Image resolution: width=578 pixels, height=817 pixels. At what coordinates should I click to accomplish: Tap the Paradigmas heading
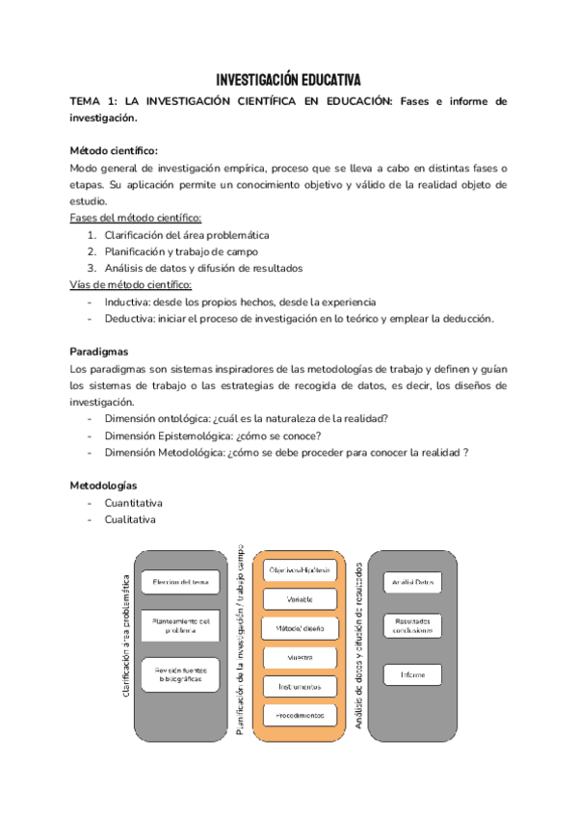100,352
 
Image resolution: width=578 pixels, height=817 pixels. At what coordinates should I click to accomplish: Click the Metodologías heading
104,486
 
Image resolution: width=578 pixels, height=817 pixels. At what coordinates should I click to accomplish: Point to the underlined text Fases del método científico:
136,219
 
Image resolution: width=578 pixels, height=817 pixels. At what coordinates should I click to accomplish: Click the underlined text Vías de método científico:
131,285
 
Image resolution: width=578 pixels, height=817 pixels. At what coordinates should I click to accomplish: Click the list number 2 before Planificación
91,251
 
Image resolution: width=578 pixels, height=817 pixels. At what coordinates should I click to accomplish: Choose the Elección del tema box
180,583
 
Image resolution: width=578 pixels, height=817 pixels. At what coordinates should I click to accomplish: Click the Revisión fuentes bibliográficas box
180,673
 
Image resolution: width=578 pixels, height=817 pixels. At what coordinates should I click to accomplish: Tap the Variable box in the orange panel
299,599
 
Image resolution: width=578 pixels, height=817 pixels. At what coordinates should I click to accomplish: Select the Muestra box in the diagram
299,657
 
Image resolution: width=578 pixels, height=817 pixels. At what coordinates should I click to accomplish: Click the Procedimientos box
299,715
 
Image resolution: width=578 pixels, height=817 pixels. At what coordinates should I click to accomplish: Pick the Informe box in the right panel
412,674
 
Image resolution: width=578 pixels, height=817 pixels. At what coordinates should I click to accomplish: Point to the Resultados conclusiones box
412,625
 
